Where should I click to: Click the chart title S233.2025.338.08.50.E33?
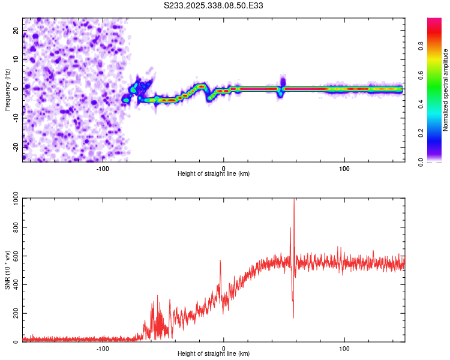[214, 5]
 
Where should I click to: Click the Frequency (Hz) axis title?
[7, 89]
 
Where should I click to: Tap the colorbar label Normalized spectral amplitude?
[446, 90]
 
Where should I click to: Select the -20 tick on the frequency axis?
[14, 147]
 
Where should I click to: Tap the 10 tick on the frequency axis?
[16, 60]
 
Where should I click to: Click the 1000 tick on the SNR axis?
[13, 199]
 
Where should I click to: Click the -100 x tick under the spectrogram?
[103, 168]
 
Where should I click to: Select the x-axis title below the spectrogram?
[214, 174]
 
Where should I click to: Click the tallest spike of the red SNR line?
[294, 200]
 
